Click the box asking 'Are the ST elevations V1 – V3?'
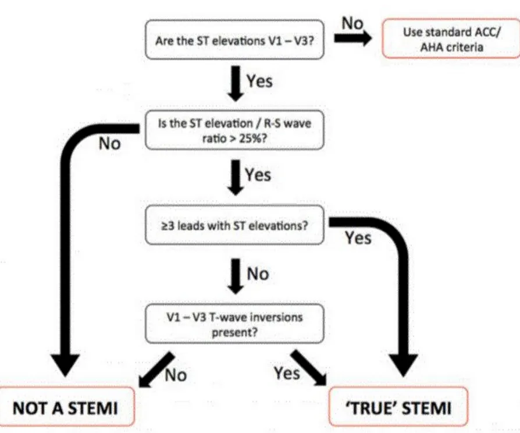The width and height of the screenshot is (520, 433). tap(234, 41)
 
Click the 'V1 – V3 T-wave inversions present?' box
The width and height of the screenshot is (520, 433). tap(234, 324)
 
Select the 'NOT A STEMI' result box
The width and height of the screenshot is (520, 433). tap(66, 407)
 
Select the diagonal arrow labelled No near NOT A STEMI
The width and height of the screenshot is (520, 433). tap(154, 368)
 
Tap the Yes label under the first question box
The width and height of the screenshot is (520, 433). tap(259, 80)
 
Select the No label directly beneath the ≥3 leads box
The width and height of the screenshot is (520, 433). tap(258, 274)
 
